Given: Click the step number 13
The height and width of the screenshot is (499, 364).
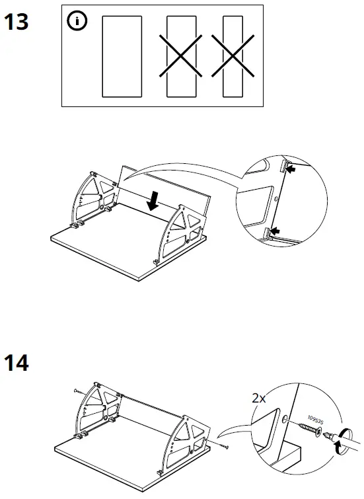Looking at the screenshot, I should [17, 22].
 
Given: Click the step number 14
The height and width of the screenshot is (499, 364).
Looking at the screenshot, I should [17, 363].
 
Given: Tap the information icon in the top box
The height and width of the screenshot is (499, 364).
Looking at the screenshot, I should [78, 21].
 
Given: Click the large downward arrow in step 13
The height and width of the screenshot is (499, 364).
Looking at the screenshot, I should [153, 200].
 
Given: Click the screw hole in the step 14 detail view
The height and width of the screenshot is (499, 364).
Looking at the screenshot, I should [285, 419].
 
